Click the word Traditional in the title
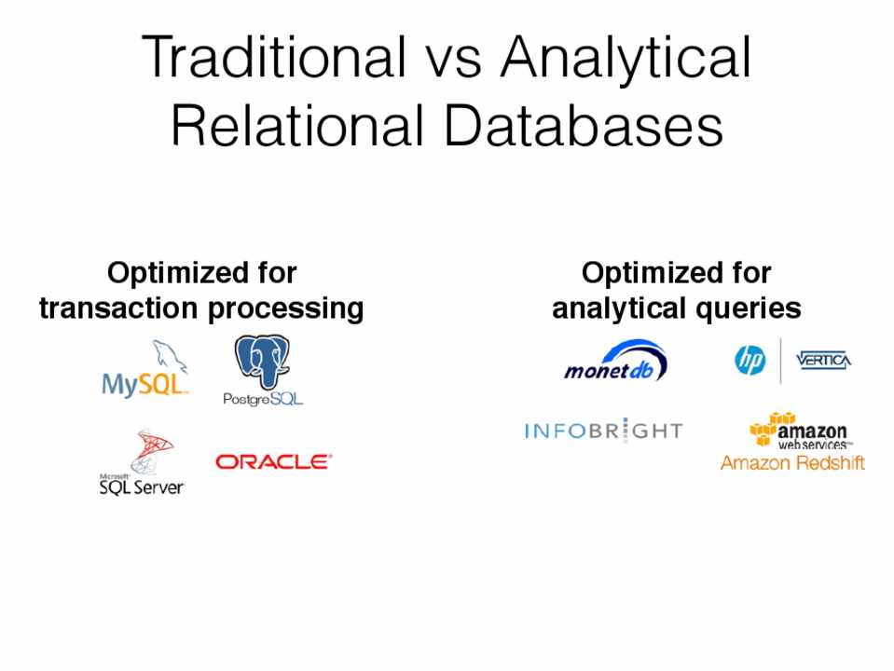274,57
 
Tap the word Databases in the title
584,126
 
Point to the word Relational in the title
297,126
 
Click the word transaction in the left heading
118,308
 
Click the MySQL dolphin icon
169,357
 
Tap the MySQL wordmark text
144,385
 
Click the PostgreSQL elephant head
262,362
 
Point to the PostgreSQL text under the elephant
262,399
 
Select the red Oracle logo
274,461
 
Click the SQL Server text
142,486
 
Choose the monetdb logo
616,362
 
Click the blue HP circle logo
750,361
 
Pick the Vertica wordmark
823,361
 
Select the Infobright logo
603,431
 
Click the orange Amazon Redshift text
792,462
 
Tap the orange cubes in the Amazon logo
767,428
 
